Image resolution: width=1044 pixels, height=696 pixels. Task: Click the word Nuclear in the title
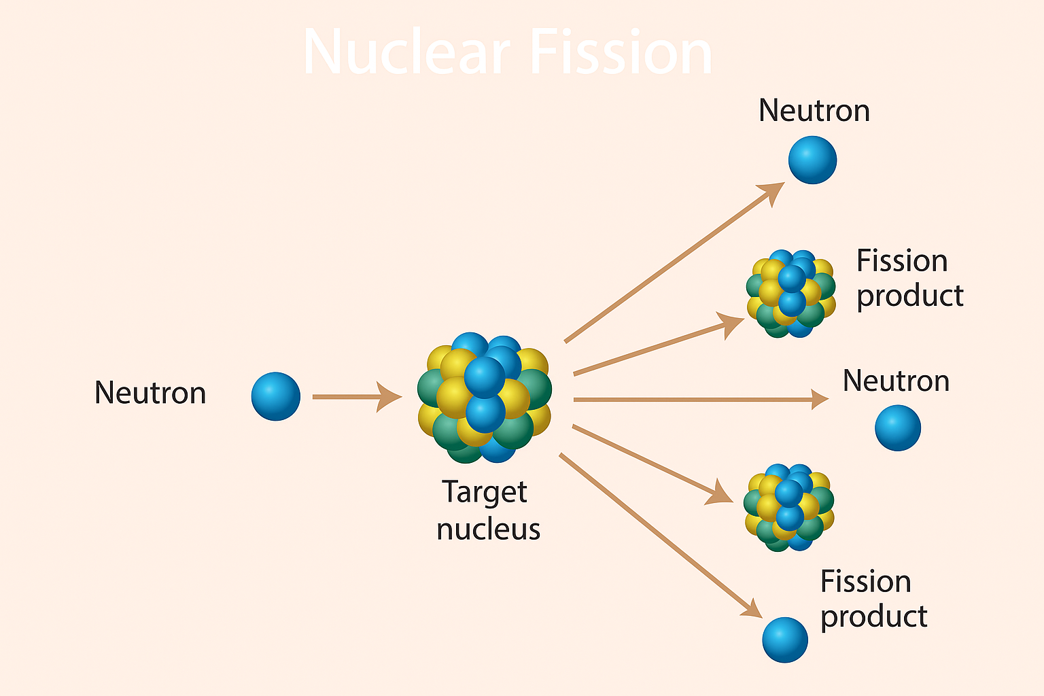click(x=406, y=53)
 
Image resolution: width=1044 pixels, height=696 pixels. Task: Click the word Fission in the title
click(x=620, y=53)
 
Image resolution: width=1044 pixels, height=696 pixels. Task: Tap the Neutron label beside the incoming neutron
click(x=150, y=393)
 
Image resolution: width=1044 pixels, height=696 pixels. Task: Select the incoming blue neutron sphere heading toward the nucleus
click(x=275, y=396)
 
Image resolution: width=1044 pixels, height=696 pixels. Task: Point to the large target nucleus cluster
click(x=485, y=398)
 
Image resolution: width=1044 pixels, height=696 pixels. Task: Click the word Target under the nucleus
click(x=485, y=492)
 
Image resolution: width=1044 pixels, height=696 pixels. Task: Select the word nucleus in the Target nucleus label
click(x=488, y=529)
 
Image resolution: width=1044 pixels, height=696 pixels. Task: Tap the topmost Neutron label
click(x=814, y=111)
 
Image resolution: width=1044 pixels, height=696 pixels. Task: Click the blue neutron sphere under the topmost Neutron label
click(x=812, y=160)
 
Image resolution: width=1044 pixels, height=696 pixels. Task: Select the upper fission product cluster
click(x=790, y=294)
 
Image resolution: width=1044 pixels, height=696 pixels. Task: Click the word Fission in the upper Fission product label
click(x=901, y=261)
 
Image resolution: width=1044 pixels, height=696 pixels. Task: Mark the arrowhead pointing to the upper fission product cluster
click(x=733, y=324)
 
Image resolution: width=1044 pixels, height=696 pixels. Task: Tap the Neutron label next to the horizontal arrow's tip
click(x=896, y=381)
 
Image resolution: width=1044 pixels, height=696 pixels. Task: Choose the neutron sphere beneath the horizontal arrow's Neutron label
click(x=897, y=428)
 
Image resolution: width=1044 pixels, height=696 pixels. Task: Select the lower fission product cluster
click(x=788, y=507)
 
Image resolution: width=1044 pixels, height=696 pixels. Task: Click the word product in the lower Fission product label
click(x=873, y=616)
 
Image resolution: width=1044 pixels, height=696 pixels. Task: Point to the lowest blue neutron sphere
click(x=784, y=640)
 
